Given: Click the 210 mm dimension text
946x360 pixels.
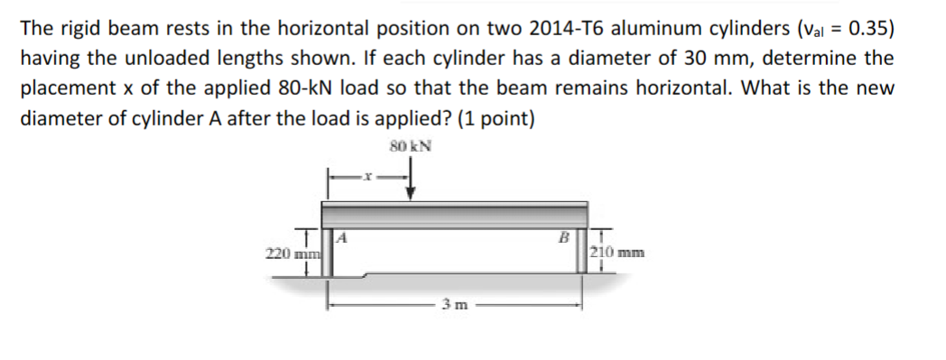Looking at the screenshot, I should [617, 253].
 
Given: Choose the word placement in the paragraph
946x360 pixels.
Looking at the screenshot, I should [70, 88].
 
